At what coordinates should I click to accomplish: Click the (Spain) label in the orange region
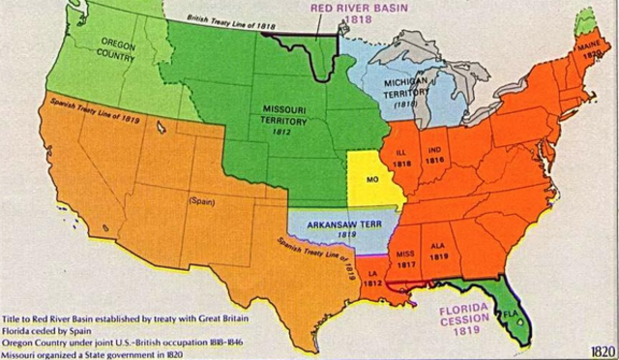coord(201,201)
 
